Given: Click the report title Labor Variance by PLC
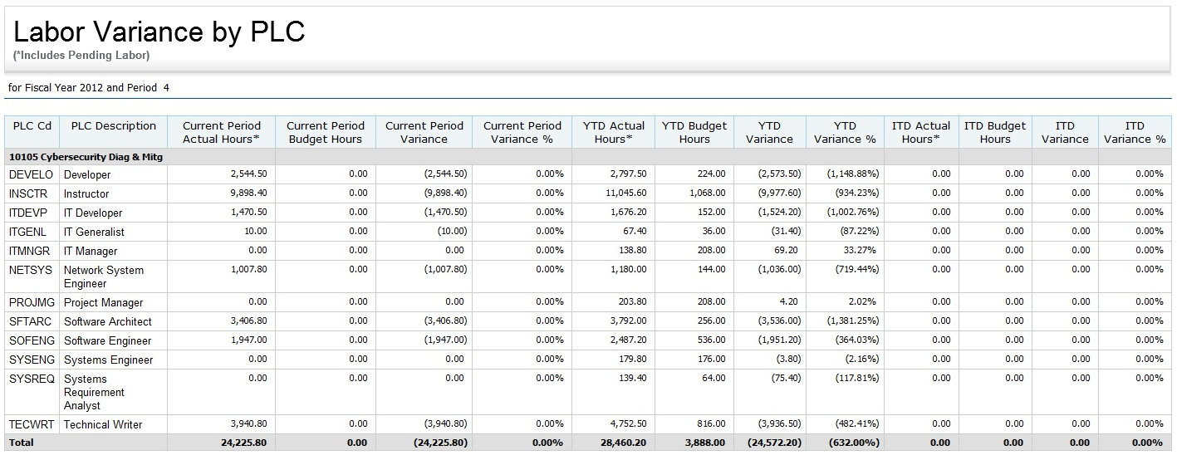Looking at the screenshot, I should [x=159, y=32].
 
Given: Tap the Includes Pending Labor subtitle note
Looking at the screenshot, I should [x=81, y=56].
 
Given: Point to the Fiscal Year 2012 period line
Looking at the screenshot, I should [x=89, y=87].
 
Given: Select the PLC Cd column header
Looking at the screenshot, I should [x=32, y=126].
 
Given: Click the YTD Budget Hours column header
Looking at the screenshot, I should [x=694, y=133].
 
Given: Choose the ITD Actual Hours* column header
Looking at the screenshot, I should [x=920, y=133].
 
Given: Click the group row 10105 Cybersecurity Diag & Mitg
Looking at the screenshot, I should [x=86, y=156].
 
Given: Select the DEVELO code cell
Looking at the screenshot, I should [x=31, y=174].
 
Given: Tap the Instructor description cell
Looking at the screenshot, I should [x=86, y=193].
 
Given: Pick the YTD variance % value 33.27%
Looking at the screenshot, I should [x=860, y=250].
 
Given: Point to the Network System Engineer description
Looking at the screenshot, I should [x=103, y=276].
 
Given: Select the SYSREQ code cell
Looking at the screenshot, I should [x=31, y=379].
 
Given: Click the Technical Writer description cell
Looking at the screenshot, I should [x=103, y=424].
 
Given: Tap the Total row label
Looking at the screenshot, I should [x=22, y=443].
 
